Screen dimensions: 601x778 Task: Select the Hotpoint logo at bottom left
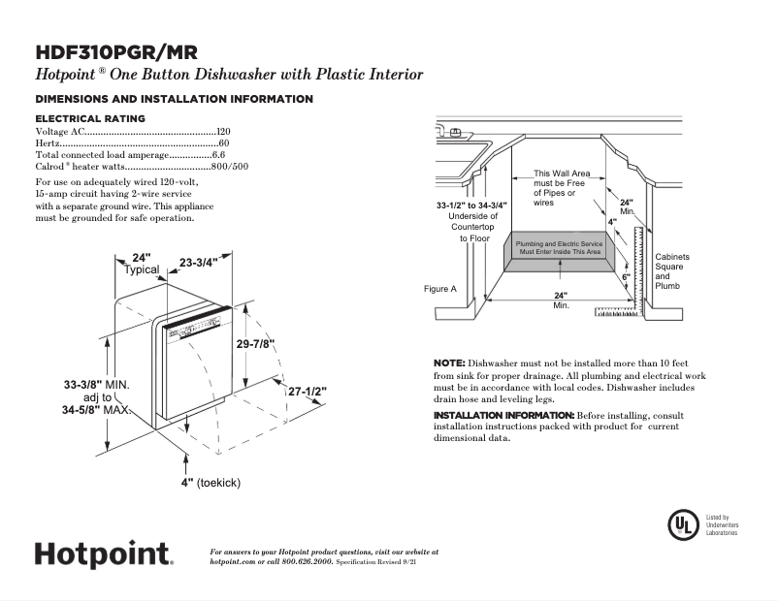coord(104,555)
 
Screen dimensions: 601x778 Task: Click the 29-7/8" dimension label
coord(257,343)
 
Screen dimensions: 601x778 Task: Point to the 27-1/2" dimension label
coord(307,391)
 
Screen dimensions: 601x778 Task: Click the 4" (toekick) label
coord(210,482)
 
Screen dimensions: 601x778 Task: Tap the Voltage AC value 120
coord(223,131)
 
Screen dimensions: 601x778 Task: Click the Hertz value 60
coord(225,142)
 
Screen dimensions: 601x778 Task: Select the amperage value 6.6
coord(218,154)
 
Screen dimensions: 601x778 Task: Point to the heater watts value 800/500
coord(230,166)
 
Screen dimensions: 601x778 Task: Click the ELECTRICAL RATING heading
coord(90,118)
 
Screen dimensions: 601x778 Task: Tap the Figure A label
coord(439,289)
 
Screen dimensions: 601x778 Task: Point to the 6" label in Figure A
coord(626,277)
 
